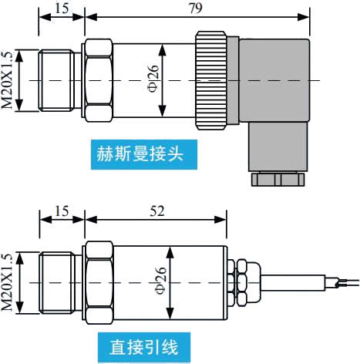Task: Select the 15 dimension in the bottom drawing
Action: coord(62,210)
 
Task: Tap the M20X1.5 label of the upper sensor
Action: coord(8,80)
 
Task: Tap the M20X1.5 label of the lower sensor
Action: coord(8,282)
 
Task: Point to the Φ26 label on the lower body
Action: coord(160,281)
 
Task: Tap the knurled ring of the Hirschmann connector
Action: coord(208,80)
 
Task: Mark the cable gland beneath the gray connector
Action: coord(277,178)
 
